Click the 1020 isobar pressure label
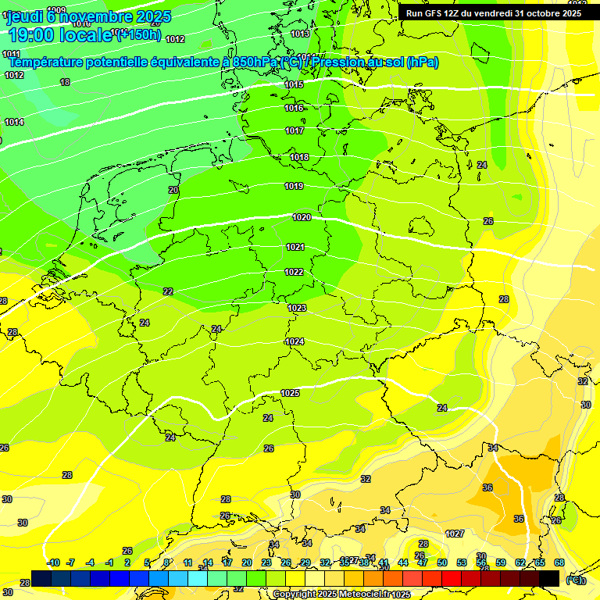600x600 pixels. (x=302, y=217)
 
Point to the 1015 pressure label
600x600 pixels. (x=294, y=84)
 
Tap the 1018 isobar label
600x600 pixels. (x=299, y=157)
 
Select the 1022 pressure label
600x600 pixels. (x=295, y=272)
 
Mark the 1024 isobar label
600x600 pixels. (x=295, y=341)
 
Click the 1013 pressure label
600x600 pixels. (x=300, y=34)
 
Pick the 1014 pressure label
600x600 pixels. (x=14, y=122)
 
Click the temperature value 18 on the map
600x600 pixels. (x=65, y=82)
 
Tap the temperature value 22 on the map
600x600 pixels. (x=168, y=291)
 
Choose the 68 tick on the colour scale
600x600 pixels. (x=559, y=562)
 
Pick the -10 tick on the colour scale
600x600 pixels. (x=53, y=562)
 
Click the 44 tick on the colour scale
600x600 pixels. (x=403, y=562)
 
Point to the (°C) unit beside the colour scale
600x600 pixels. (x=575, y=580)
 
